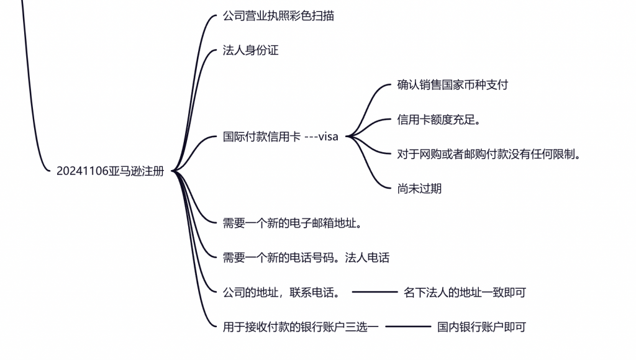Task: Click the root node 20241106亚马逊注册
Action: click(110, 171)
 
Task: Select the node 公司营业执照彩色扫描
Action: click(278, 16)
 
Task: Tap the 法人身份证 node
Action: click(250, 51)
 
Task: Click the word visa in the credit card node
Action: click(328, 137)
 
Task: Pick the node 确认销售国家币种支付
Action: click(452, 85)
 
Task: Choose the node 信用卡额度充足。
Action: click(439, 120)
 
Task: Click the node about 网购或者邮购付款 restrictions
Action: click(489, 154)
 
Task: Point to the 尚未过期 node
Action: click(419, 189)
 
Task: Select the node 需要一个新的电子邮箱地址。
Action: click(293, 223)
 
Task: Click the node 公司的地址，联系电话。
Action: click(281, 292)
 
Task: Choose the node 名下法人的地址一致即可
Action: click(465, 292)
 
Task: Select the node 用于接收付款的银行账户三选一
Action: click(301, 326)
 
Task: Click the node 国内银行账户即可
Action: click(481, 326)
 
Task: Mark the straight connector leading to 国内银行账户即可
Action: click(407, 326)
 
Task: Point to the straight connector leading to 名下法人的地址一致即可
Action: click(374, 292)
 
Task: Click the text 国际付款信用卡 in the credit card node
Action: click(261, 137)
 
